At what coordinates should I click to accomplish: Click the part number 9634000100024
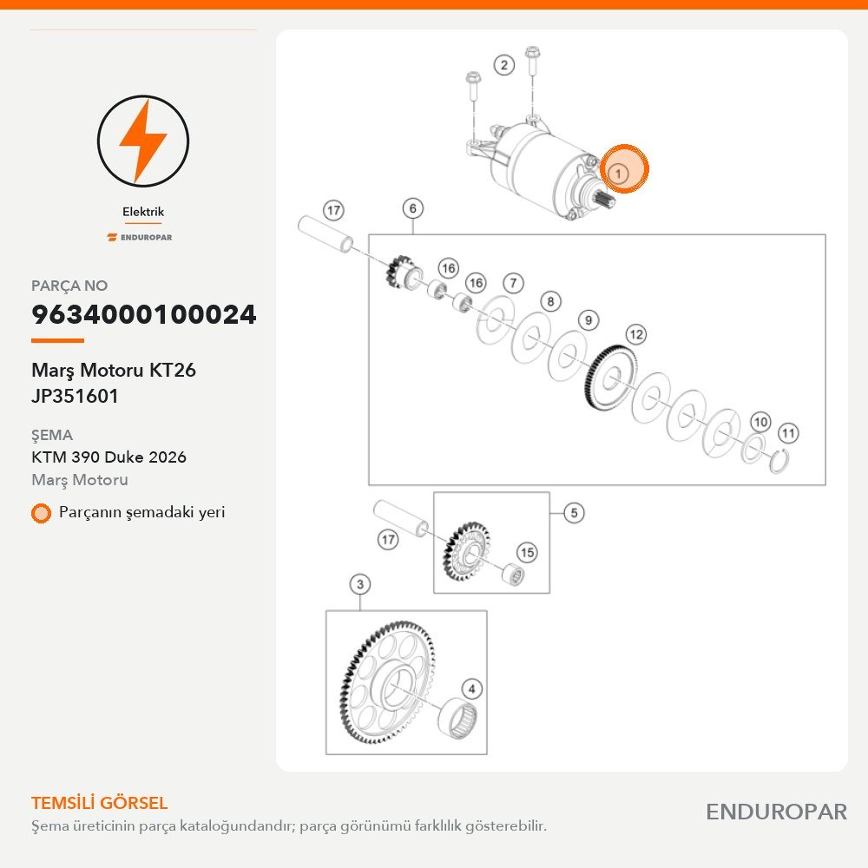click(x=144, y=314)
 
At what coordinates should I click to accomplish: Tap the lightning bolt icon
click(x=143, y=141)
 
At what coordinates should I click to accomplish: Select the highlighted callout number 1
click(x=618, y=174)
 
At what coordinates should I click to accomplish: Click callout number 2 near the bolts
click(x=503, y=65)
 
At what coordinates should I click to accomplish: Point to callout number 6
click(x=413, y=208)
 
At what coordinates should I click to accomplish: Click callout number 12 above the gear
click(x=636, y=334)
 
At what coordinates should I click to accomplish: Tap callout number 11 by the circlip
click(x=788, y=433)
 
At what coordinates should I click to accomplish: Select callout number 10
click(x=760, y=423)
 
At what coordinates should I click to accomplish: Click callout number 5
click(x=574, y=513)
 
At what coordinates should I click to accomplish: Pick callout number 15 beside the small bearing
click(x=527, y=552)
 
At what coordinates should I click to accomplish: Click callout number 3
click(x=360, y=584)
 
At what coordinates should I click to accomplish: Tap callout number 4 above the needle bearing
click(x=471, y=689)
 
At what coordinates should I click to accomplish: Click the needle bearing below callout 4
click(x=457, y=719)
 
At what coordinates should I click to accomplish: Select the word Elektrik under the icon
click(x=143, y=212)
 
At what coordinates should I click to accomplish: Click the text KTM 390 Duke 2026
click(x=109, y=457)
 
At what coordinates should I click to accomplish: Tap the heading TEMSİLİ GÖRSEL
click(x=100, y=803)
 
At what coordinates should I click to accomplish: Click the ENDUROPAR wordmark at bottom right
click(x=777, y=812)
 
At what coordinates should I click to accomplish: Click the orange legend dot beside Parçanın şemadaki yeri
click(x=41, y=513)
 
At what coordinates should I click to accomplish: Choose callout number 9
click(x=589, y=320)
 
